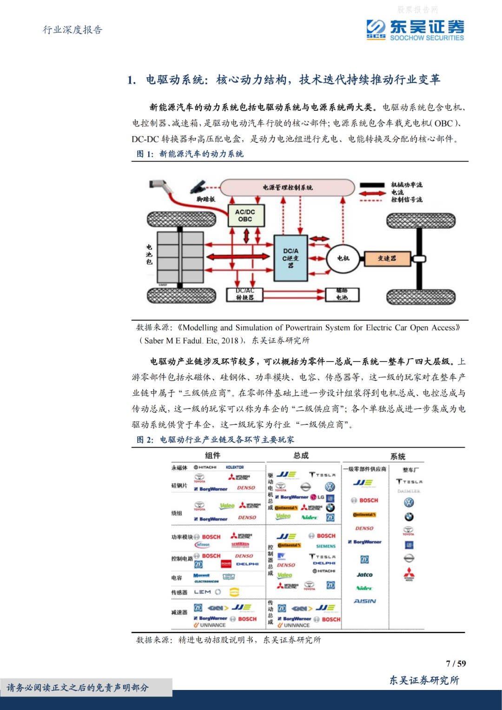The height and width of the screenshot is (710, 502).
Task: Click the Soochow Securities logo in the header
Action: click(x=415, y=30)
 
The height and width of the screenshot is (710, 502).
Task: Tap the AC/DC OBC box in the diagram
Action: click(x=245, y=215)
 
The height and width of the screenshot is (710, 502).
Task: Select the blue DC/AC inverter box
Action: click(x=291, y=258)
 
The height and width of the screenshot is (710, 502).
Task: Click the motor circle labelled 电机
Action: click(x=343, y=258)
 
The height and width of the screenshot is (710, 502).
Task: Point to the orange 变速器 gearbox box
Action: click(x=387, y=258)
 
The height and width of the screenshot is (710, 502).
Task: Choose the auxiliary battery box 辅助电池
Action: click(x=342, y=294)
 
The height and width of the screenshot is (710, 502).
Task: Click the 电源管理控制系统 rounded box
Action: click(x=287, y=188)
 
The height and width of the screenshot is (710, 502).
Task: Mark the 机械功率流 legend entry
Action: click(x=406, y=185)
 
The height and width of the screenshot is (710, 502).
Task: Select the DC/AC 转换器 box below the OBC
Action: click(x=244, y=294)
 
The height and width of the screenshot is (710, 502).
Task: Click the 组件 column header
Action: click(x=213, y=455)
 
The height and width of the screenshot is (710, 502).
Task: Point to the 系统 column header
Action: click(x=398, y=456)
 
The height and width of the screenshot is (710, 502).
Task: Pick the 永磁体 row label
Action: click(x=179, y=468)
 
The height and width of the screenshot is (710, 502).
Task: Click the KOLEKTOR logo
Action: click(x=235, y=467)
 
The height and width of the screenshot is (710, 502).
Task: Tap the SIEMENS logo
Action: click(x=326, y=546)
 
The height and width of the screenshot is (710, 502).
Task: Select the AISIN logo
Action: click(x=365, y=601)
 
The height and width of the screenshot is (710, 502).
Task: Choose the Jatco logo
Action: click(x=365, y=575)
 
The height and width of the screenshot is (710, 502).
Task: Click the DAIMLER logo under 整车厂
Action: click(x=409, y=491)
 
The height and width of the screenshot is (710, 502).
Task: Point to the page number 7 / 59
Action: click(x=456, y=663)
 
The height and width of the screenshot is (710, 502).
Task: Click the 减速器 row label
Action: click(x=179, y=612)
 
